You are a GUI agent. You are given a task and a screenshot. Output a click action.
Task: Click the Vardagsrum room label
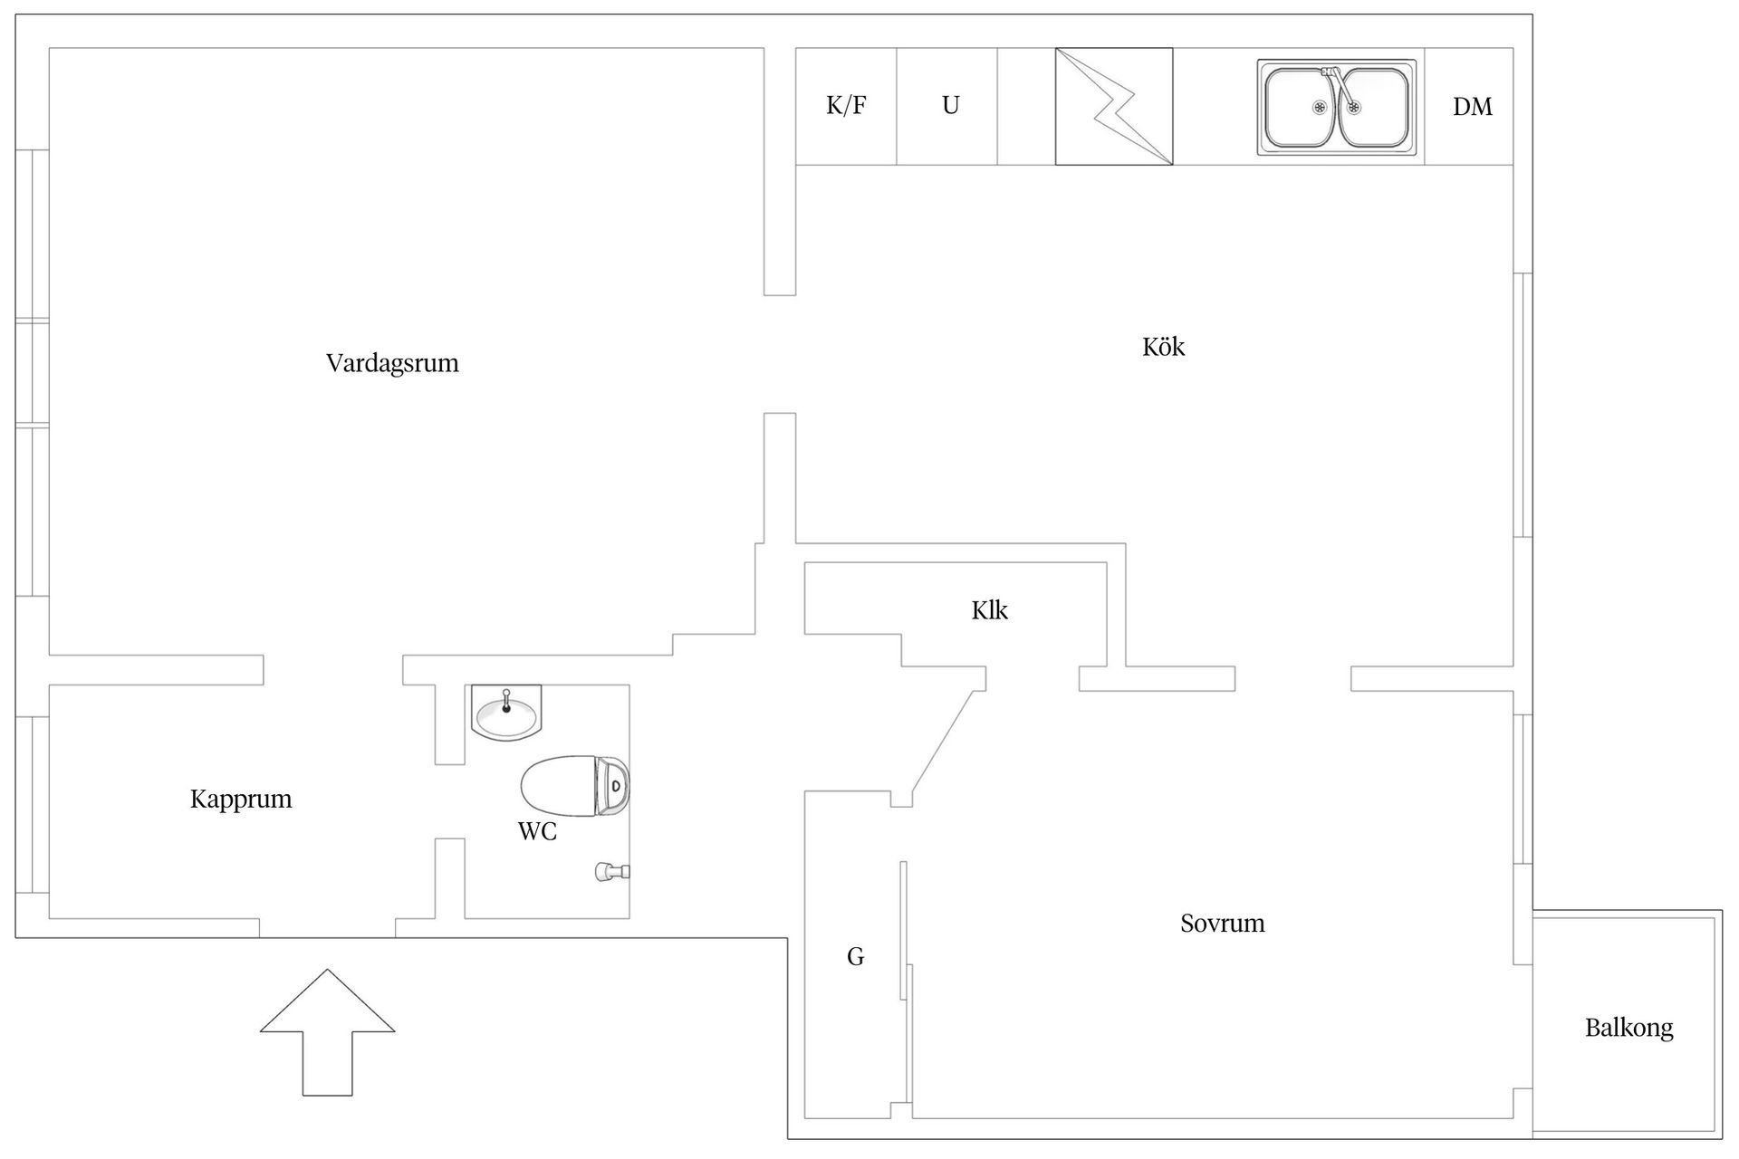[392, 363]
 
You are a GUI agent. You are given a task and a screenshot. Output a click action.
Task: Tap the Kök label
[1163, 347]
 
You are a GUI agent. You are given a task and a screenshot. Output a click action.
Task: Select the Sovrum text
[1222, 924]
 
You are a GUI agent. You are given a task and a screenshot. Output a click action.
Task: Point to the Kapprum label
[241, 799]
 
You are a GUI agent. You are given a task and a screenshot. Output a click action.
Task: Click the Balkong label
[1629, 1028]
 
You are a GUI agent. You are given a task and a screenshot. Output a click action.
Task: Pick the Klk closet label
[989, 610]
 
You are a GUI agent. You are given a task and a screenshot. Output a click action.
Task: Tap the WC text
[537, 831]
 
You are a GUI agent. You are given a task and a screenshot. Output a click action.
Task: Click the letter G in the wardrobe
[855, 956]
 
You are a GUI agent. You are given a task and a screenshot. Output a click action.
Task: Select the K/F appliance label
[846, 106]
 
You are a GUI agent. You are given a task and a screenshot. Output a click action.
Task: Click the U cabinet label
[950, 106]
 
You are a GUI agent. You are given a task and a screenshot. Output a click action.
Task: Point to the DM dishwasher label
[1472, 107]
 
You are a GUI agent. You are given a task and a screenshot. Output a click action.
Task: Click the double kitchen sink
[1336, 107]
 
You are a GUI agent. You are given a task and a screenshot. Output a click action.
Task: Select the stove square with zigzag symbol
[1113, 107]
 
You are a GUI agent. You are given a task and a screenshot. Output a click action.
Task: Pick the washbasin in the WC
[506, 713]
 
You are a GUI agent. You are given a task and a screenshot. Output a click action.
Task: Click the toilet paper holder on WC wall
[611, 872]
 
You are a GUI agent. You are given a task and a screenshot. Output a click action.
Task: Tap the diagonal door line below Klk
[943, 742]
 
